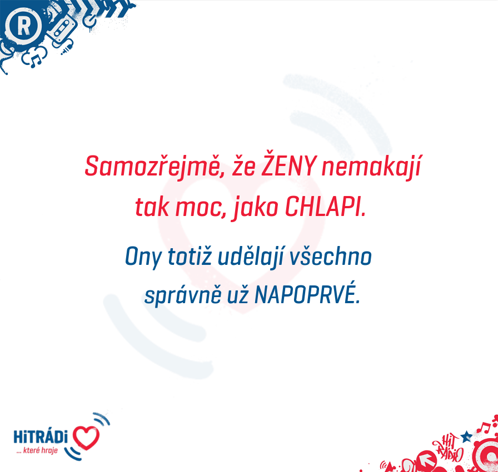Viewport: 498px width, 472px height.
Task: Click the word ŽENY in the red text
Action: [x=289, y=165]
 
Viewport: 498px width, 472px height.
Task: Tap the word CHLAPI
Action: [x=325, y=207]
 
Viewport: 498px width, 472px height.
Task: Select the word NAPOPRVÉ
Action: [x=307, y=294]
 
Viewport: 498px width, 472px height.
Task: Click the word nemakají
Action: [x=371, y=167]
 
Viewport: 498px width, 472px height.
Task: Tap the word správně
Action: [x=183, y=295]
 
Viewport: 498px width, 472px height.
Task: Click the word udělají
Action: [x=251, y=257]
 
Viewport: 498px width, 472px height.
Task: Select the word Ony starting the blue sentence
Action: [x=143, y=258]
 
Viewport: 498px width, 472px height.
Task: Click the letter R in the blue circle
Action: [x=23, y=26]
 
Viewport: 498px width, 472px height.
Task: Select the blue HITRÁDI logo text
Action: [x=41, y=436]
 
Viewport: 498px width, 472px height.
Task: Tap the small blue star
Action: [x=466, y=436]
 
